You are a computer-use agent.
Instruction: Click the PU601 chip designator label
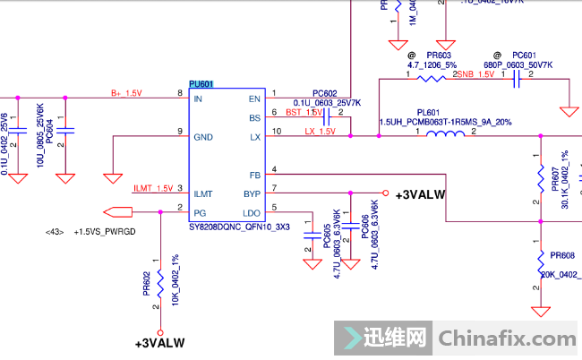click(x=201, y=83)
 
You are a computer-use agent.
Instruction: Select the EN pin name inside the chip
click(x=254, y=99)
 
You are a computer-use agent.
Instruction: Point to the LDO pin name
click(x=252, y=211)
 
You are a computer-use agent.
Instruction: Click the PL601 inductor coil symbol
click(x=446, y=135)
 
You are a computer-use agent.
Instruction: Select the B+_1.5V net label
click(x=126, y=93)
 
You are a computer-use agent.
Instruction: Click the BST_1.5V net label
click(x=304, y=113)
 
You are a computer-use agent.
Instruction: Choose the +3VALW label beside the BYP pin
click(x=420, y=194)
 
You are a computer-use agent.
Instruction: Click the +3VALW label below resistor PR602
click(x=159, y=343)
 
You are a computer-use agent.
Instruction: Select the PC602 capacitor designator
click(x=324, y=93)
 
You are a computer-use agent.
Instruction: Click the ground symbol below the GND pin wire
click(x=112, y=176)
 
